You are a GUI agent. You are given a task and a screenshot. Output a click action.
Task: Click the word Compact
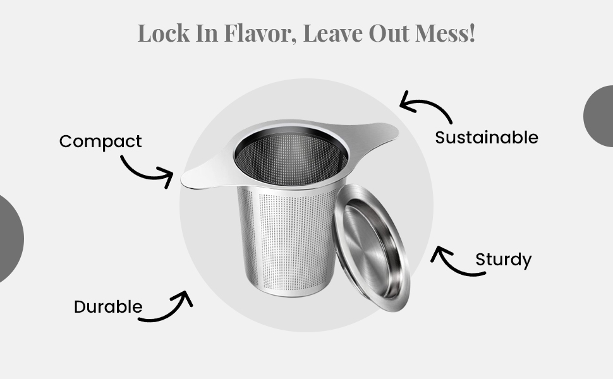click(100, 141)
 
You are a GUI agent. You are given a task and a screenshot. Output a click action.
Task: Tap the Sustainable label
click(487, 138)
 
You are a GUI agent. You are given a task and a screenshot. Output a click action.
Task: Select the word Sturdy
click(504, 260)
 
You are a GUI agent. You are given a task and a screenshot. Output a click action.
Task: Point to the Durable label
click(108, 307)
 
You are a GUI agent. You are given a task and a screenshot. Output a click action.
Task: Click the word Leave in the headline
click(332, 33)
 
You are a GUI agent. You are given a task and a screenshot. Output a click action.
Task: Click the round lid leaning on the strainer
click(371, 248)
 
